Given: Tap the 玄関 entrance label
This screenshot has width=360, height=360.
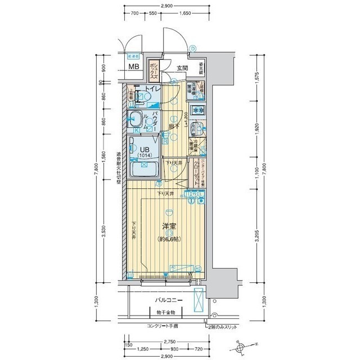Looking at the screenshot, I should click(182, 68).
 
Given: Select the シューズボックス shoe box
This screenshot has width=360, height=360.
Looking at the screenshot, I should click(154, 72).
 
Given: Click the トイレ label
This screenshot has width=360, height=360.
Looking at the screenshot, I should click(154, 89).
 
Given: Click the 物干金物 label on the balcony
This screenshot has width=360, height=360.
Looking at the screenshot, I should click(166, 312).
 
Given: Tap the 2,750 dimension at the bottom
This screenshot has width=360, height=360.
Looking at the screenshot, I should click(168, 341).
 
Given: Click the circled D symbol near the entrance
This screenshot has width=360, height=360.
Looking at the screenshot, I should click(192, 49).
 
